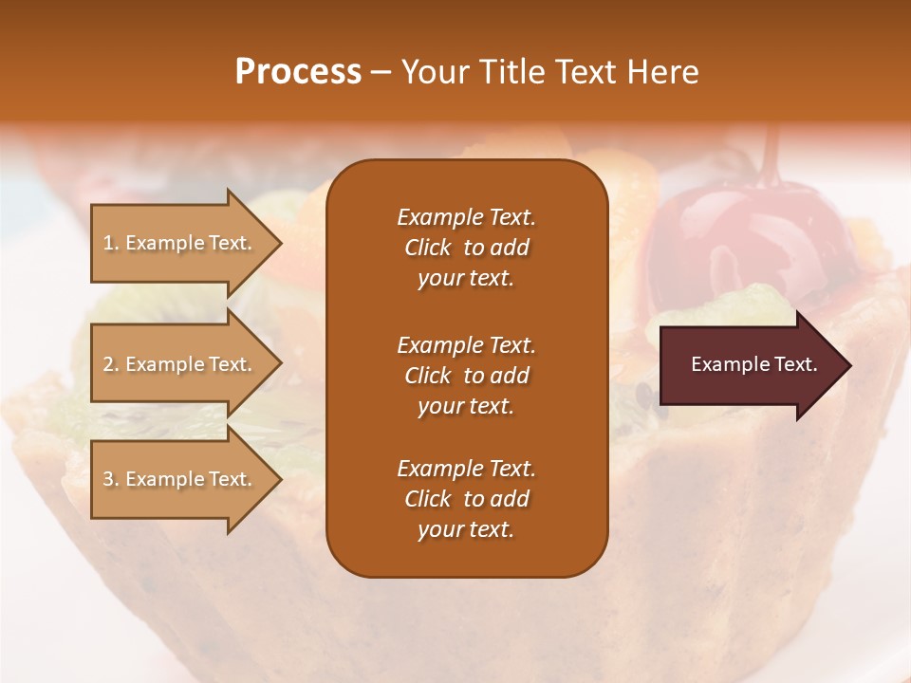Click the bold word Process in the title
point(298,72)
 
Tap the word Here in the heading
point(662,72)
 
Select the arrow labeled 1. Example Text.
point(180,243)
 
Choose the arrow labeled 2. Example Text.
point(180,364)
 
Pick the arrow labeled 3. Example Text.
point(180,479)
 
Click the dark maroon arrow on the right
point(750,365)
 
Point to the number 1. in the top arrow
point(111,243)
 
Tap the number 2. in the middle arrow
point(111,364)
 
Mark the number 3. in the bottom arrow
point(111,479)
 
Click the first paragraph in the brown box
point(466,248)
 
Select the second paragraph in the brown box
point(466,376)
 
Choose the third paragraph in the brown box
point(466,499)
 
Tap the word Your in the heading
point(434,72)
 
